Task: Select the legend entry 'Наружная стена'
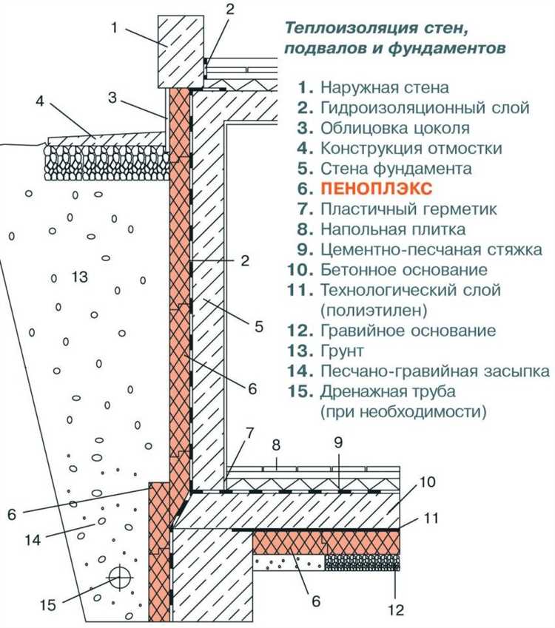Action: point(384,88)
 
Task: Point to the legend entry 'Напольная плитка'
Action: point(393,229)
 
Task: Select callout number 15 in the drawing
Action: point(47,605)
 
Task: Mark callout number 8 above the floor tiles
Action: point(277,445)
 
